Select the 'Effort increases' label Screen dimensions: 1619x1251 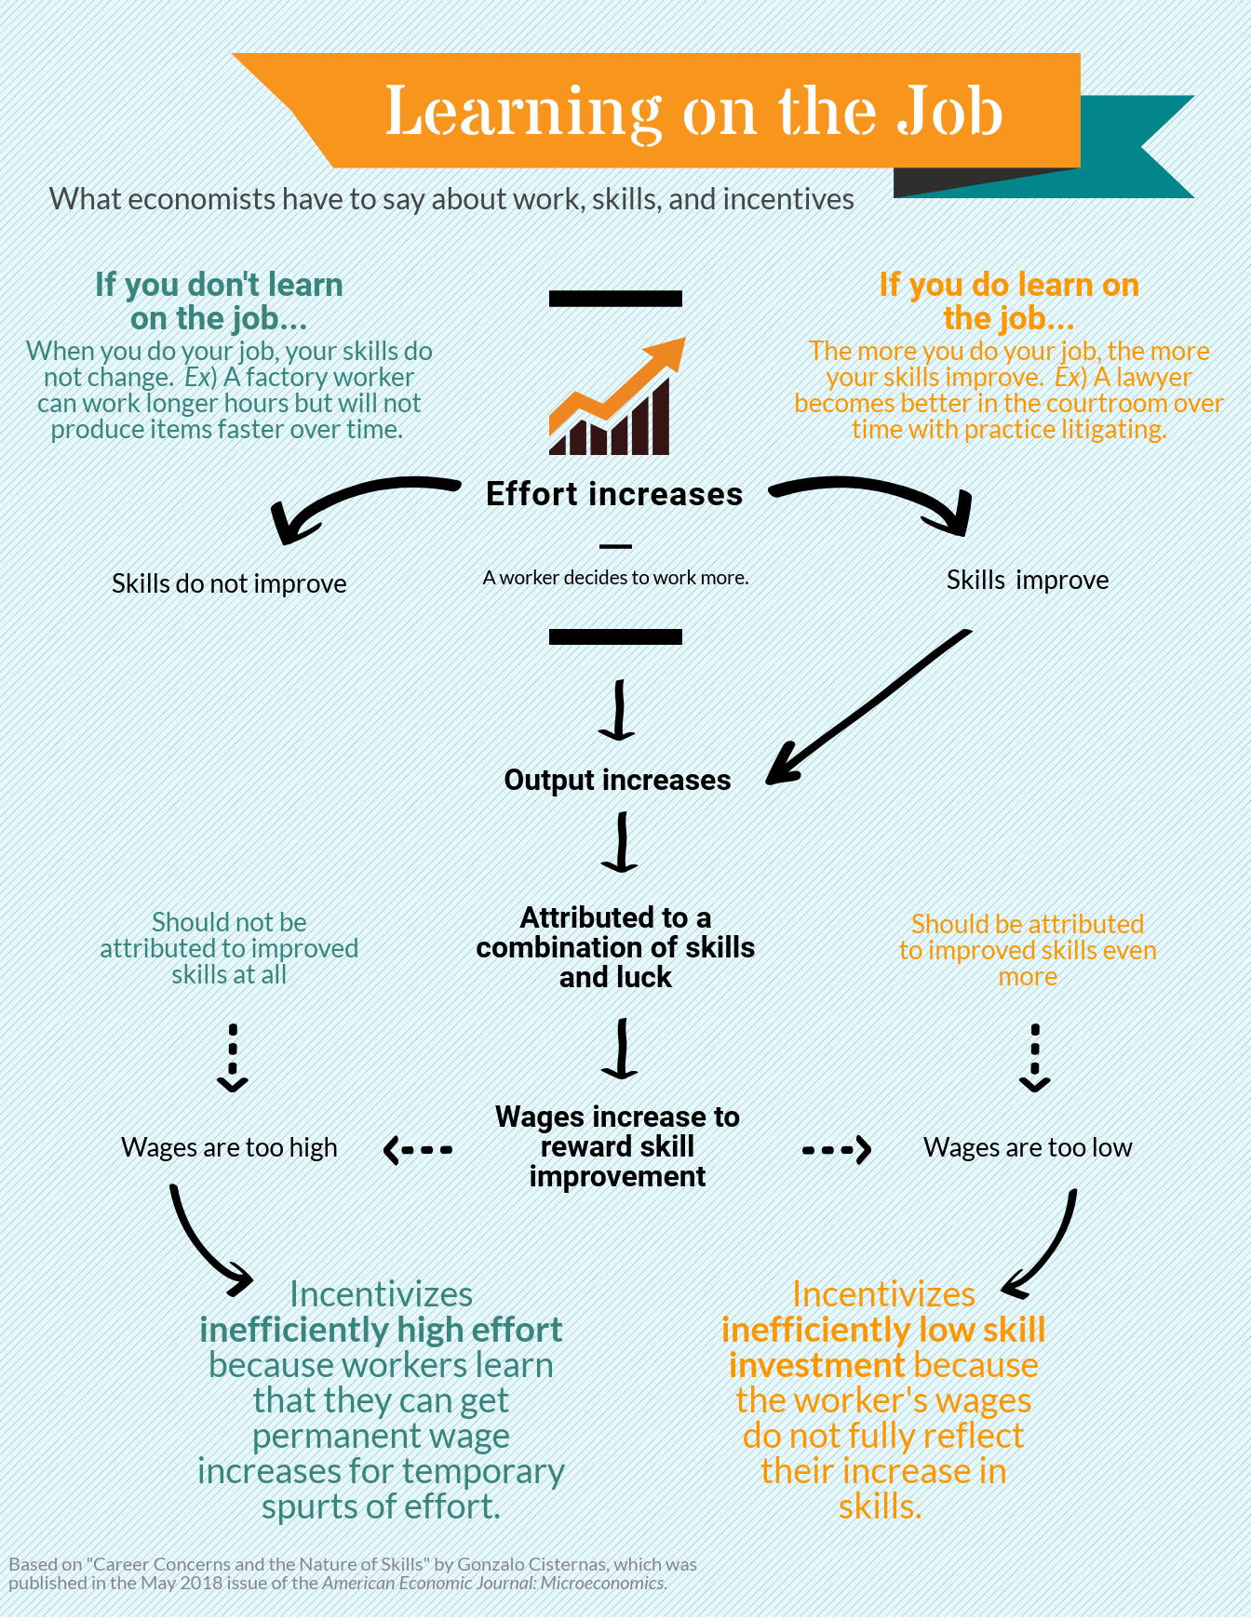coord(614,494)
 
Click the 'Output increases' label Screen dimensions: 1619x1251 coord(617,780)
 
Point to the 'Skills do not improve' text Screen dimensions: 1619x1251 coord(229,583)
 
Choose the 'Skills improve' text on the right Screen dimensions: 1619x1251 coord(1028,580)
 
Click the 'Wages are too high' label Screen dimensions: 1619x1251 coord(229,1147)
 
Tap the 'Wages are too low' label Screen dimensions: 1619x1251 coord(1028,1147)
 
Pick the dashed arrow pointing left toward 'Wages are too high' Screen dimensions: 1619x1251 coord(418,1150)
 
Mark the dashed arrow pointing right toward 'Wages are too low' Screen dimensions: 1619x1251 coord(836,1150)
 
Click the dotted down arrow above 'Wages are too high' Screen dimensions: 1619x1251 coord(233,1058)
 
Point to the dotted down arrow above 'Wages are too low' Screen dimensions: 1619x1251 coord(1035,1058)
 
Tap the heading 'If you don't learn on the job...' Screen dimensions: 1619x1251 coord(219,301)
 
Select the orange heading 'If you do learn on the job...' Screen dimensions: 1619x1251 coord(1009,301)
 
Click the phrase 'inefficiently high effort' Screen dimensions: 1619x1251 coord(381,1330)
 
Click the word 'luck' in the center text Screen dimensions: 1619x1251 coord(641,977)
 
